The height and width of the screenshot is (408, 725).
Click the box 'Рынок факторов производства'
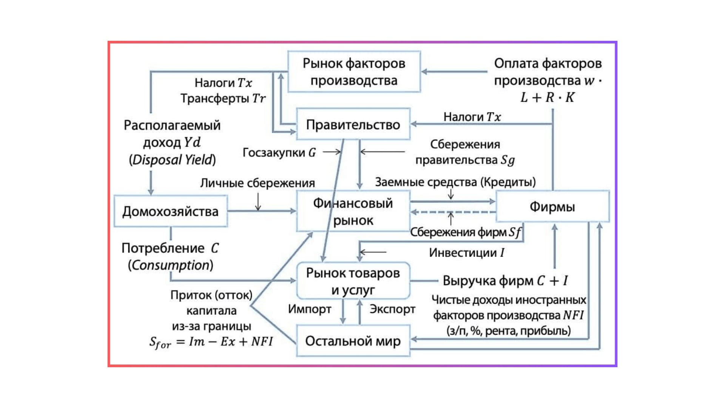pyautogui.click(x=354, y=72)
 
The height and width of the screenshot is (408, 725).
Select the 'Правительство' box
pyautogui.click(x=353, y=125)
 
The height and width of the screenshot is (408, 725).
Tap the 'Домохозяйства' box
pyautogui.click(x=170, y=211)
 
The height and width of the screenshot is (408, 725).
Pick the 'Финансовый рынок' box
pyautogui.click(x=353, y=212)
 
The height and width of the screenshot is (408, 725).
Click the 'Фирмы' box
pyautogui.click(x=552, y=207)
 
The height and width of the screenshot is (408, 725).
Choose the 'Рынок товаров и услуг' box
pyautogui.click(x=353, y=281)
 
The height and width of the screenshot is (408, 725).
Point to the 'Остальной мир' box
pyautogui.click(x=353, y=341)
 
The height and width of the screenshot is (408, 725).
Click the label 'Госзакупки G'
pyautogui.click(x=279, y=152)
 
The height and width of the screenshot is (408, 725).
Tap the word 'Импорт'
pyautogui.click(x=309, y=309)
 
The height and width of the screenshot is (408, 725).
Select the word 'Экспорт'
pyautogui.click(x=392, y=309)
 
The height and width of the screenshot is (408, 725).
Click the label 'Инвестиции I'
pyautogui.click(x=466, y=253)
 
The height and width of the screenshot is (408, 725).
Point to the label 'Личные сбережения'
pyautogui.click(x=258, y=183)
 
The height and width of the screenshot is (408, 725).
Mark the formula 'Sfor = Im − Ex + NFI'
pyautogui.click(x=211, y=342)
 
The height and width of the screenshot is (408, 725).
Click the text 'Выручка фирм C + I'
pyautogui.click(x=505, y=281)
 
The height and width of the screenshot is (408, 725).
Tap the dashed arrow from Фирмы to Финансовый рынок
pyautogui.click(x=453, y=212)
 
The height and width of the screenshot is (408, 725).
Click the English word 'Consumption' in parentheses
pyautogui.click(x=171, y=265)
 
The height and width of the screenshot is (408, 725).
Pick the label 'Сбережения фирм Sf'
pyautogui.click(x=466, y=232)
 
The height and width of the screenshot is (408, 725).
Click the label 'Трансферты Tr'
pyautogui.click(x=223, y=98)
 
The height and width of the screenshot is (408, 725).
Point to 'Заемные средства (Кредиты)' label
pyautogui.click(x=455, y=182)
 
